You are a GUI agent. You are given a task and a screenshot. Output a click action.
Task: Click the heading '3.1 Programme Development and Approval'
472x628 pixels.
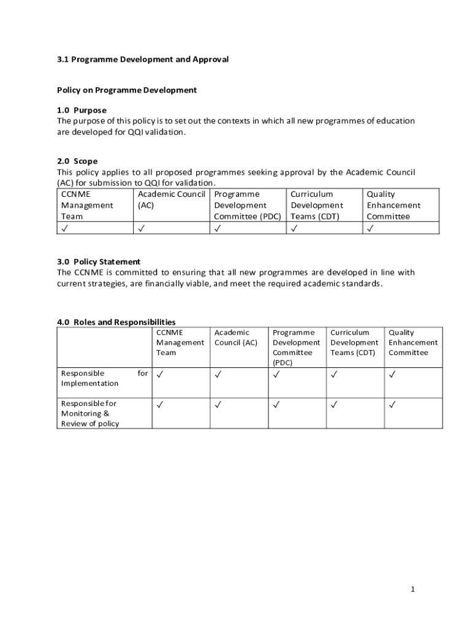[143, 59]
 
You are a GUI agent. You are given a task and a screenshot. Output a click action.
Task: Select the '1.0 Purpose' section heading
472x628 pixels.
[82, 110]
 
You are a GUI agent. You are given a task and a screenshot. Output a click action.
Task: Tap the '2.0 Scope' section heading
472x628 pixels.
[77, 161]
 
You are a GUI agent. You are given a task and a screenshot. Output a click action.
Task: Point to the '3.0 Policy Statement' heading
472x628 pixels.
[99, 262]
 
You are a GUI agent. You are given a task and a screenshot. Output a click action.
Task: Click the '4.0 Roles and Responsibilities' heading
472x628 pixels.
[116, 322]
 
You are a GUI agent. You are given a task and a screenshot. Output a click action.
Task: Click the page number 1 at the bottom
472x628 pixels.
[413, 589]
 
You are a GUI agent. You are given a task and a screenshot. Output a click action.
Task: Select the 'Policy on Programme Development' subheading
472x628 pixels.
[127, 90]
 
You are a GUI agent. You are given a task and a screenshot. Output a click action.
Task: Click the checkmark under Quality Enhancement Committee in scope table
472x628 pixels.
[370, 228]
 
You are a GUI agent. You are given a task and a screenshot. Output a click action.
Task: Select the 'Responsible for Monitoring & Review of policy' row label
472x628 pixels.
[90, 413]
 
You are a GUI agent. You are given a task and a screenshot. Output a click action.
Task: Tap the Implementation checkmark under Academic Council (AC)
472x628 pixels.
[218, 374]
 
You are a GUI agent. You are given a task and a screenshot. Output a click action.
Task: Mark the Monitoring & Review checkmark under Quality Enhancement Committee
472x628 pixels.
[392, 404]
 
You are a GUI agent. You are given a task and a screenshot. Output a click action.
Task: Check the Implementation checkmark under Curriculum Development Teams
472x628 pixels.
[334, 374]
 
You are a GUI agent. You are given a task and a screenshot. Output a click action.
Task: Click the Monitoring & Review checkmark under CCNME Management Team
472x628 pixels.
[160, 404]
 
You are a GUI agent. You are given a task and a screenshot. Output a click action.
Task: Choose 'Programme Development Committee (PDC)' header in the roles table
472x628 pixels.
[296, 347]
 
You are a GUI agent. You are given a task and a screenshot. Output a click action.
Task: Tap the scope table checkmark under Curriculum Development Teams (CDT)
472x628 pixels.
[294, 228]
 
